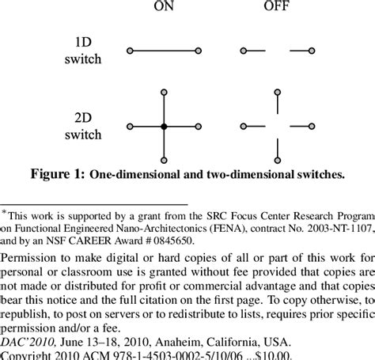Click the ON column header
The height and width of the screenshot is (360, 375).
click(x=164, y=9)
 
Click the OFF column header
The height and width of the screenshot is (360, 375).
click(x=276, y=9)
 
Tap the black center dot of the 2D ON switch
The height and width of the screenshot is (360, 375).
click(x=164, y=126)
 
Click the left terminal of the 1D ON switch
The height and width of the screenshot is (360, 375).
click(x=130, y=51)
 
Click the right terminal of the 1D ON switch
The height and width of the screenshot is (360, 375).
click(x=198, y=51)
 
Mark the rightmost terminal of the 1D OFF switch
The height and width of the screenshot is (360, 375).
click(x=312, y=51)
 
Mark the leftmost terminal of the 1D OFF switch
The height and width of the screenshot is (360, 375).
click(x=242, y=51)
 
